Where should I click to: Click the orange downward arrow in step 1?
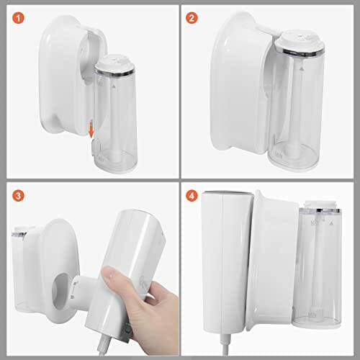(x=91, y=130)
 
